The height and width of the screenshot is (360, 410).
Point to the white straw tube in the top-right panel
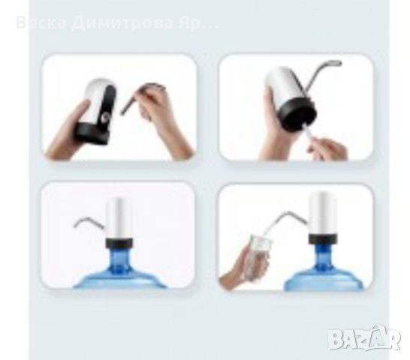tap(312, 136)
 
